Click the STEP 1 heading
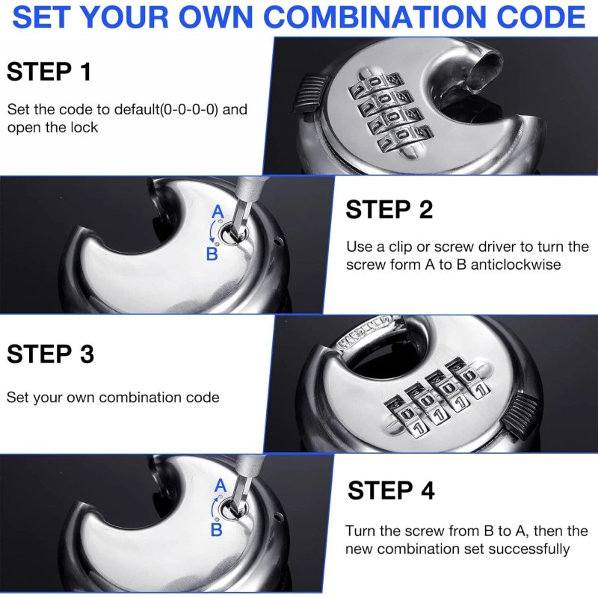coord(49,72)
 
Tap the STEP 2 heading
coord(389,210)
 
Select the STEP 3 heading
coord(50,354)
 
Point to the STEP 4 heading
coord(391,490)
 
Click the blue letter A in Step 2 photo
coord(218,212)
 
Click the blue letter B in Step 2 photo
coord(212,254)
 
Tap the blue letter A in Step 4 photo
coord(220,486)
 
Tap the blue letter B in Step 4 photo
coord(216,530)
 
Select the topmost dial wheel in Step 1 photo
coord(369,87)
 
